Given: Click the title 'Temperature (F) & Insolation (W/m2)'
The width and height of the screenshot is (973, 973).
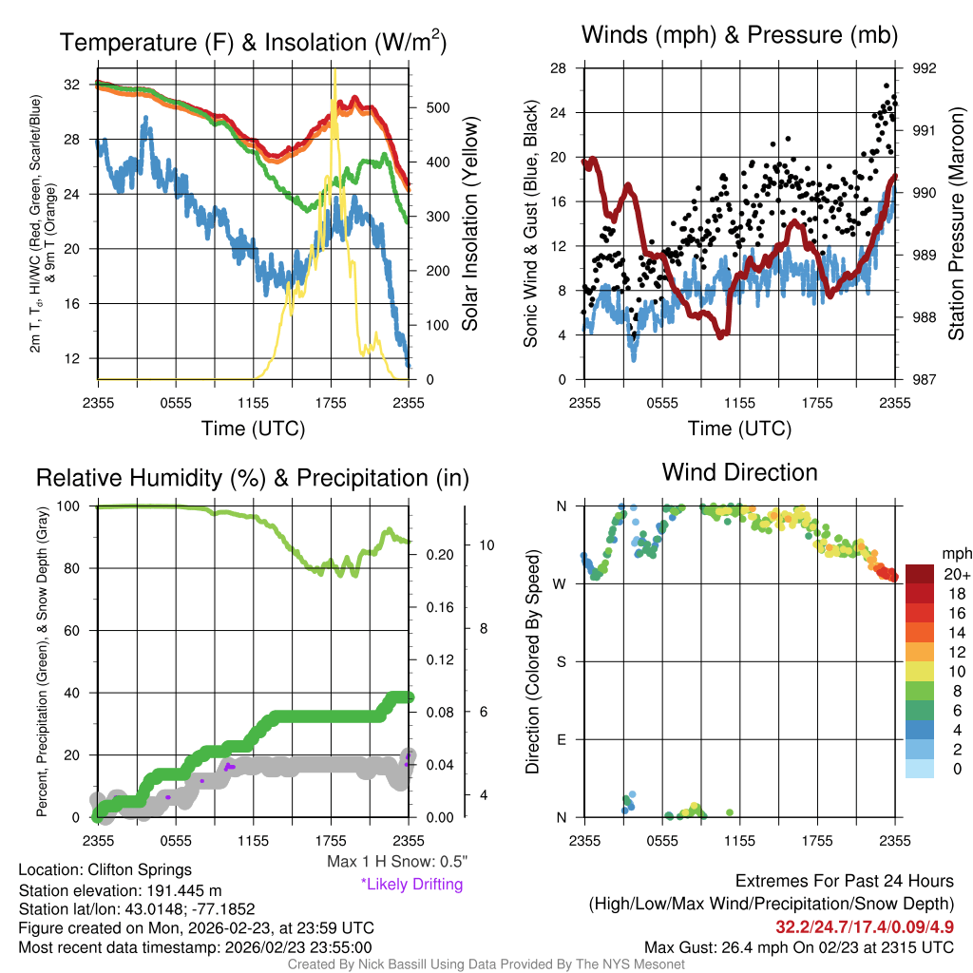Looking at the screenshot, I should [x=254, y=42].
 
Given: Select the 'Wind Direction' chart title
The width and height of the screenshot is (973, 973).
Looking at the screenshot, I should [x=739, y=472].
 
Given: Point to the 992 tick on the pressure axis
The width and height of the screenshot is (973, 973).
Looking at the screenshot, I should [x=925, y=68].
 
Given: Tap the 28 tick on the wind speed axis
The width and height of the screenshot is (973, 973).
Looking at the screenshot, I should [x=558, y=68].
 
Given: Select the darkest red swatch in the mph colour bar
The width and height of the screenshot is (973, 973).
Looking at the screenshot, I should [x=920, y=574].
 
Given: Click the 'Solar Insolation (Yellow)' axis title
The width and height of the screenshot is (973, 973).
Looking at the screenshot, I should [x=469, y=224].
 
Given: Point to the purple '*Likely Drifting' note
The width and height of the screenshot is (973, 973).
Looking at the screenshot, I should [x=411, y=884].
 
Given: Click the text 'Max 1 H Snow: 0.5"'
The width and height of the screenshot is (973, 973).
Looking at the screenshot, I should [x=397, y=862].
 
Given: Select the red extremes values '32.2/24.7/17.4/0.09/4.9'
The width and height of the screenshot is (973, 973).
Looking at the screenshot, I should [x=864, y=925].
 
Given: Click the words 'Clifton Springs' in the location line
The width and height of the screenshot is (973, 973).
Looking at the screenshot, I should [x=140, y=869].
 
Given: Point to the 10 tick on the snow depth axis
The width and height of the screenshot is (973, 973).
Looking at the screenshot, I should [x=486, y=545].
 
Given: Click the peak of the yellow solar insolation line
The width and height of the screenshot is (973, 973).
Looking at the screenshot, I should [x=334, y=70].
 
